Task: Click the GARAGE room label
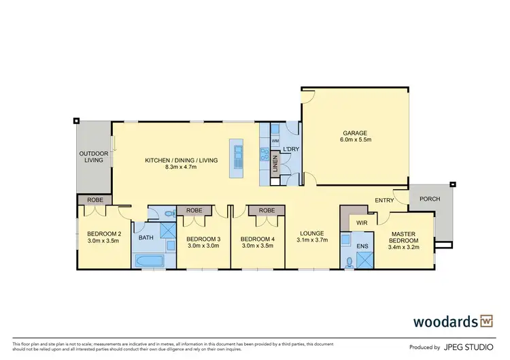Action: tap(355, 133)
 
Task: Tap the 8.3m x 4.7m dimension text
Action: tap(181, 168)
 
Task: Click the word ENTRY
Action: tap(384, 199)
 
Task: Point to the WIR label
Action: tap(362, 223)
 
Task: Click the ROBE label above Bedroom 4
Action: tap(267, 211)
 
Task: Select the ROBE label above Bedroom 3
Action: tap(194, 211)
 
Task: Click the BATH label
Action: tap(146, 238)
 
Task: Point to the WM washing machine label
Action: tap(275, 141)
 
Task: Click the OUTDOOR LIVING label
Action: tap(93, 157)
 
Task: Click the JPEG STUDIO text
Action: tap(470, 346)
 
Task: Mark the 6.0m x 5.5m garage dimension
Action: tap(355, 140)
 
